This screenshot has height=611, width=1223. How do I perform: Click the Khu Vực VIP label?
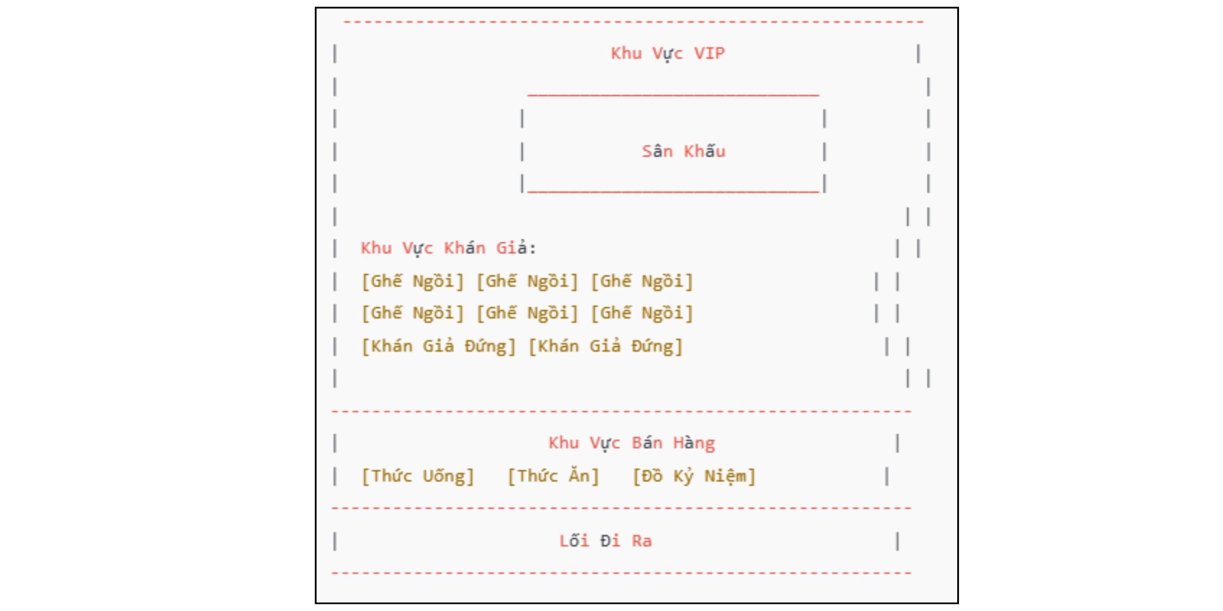668,54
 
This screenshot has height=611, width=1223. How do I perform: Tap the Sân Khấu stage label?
683,152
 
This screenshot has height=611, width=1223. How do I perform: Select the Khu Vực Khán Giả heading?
448,248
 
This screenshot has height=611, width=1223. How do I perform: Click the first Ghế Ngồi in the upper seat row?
413,281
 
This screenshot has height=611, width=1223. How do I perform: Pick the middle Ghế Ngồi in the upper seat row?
527,281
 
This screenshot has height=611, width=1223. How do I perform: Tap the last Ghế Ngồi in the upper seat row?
642,281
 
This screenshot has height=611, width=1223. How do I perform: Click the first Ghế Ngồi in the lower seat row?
413,313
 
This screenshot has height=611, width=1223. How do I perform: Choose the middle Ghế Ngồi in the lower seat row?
527,313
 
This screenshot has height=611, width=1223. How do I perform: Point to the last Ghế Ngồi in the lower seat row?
642,313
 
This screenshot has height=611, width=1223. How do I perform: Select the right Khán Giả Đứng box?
606,346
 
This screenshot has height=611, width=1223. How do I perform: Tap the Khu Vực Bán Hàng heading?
631,443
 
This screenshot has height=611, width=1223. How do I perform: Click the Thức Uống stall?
418,476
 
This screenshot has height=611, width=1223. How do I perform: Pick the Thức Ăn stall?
554,476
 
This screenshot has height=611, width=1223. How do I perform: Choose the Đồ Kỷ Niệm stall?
694,476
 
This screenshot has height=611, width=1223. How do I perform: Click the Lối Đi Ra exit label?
605,541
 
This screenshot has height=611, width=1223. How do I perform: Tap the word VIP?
709,54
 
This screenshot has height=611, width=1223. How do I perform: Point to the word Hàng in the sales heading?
694,443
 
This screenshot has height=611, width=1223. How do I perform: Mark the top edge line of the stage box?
673,94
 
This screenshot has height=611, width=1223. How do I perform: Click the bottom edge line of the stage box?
673,192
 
